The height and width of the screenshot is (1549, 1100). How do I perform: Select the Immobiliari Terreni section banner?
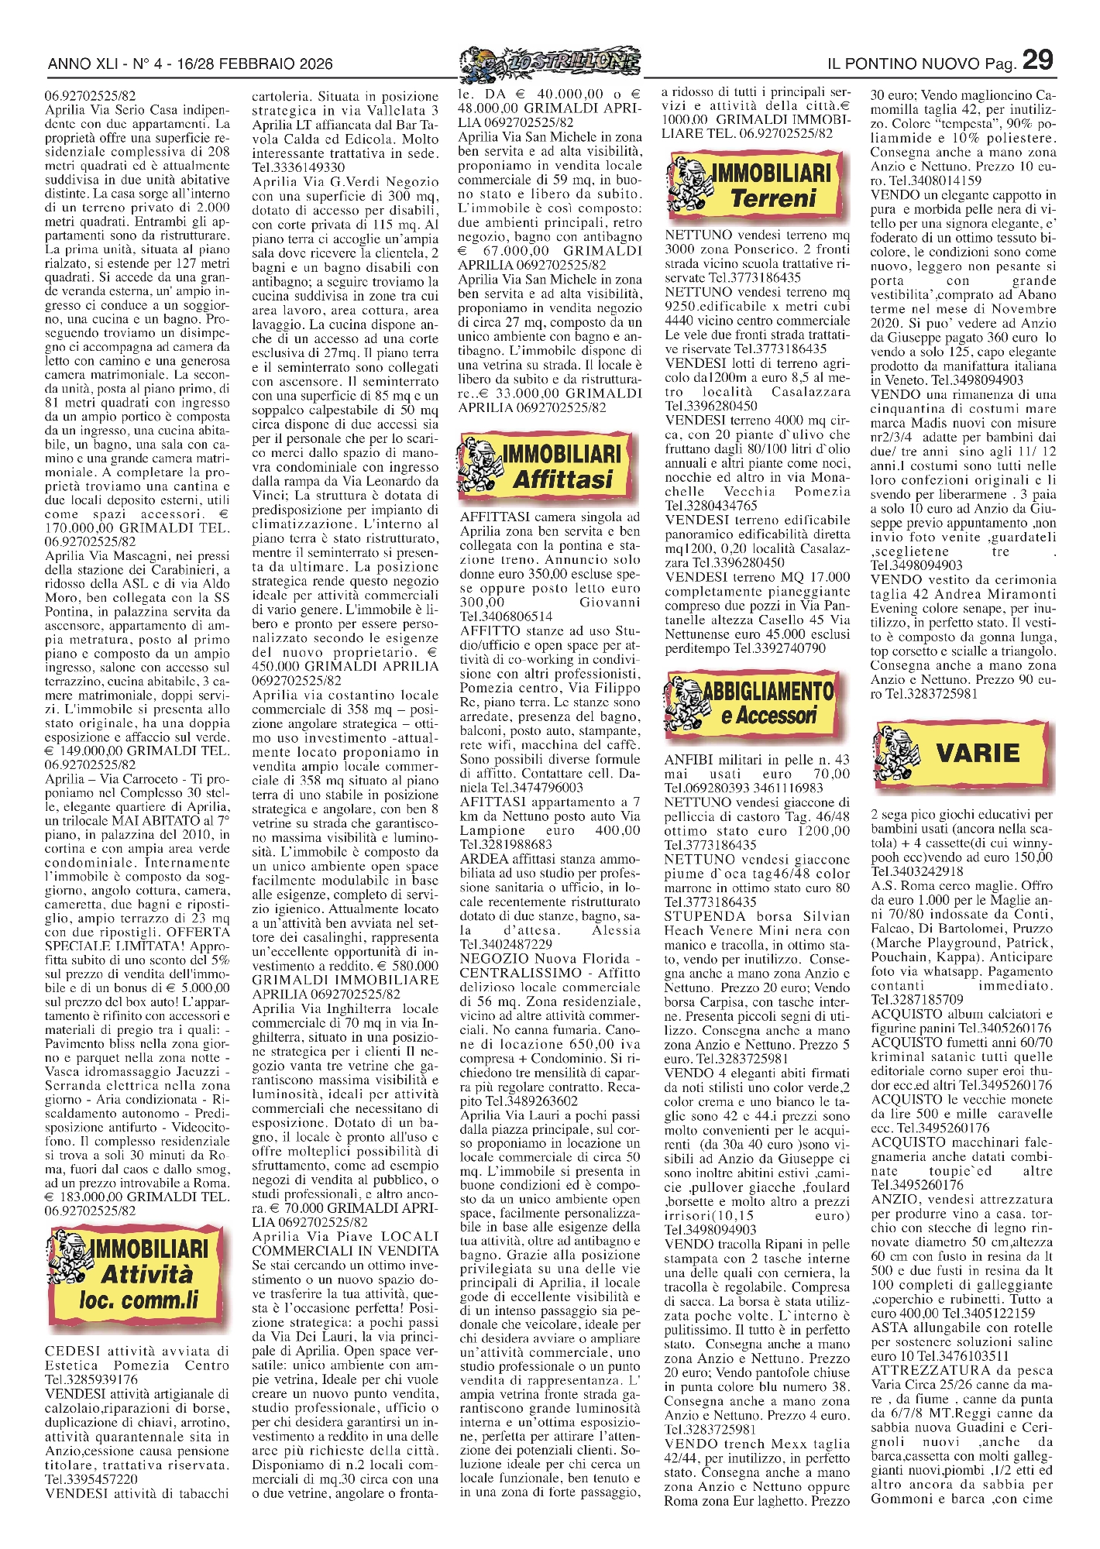[x=757, y=184]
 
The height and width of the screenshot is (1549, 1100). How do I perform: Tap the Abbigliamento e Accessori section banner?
[x=757, y=703]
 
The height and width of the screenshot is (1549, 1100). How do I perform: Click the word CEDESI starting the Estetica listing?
[x=72, y=1351]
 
